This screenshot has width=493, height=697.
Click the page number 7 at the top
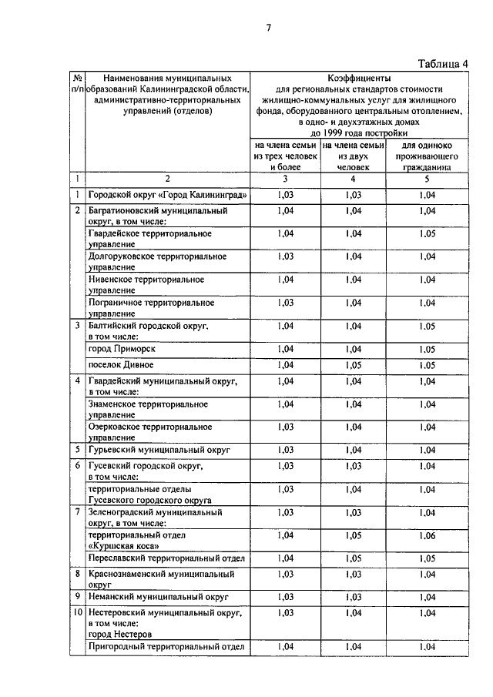(x=269, y=28)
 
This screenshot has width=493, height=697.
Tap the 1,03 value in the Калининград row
(x=285, y=195)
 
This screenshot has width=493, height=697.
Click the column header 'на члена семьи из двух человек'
(x=353, y=155)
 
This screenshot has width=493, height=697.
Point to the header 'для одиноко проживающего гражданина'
(x=427, y=155)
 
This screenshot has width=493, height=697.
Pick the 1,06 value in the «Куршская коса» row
(x=427, y=535)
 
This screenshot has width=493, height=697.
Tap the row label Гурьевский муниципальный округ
(x=159, y=449)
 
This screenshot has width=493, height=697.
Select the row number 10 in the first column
(x=77, y=613)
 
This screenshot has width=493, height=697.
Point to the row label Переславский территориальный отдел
(x=166, y=558)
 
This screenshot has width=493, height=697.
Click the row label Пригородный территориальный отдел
(x=166, y=647)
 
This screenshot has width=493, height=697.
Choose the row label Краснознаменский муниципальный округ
(x=161, y=578)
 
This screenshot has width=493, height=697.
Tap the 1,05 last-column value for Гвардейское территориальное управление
(x=427, y=233)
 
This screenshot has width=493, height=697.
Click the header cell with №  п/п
(x=77, y=84)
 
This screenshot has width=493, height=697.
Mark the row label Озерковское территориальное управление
(x=149, y=431)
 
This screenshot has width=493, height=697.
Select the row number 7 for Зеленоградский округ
(x=77, y=511)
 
